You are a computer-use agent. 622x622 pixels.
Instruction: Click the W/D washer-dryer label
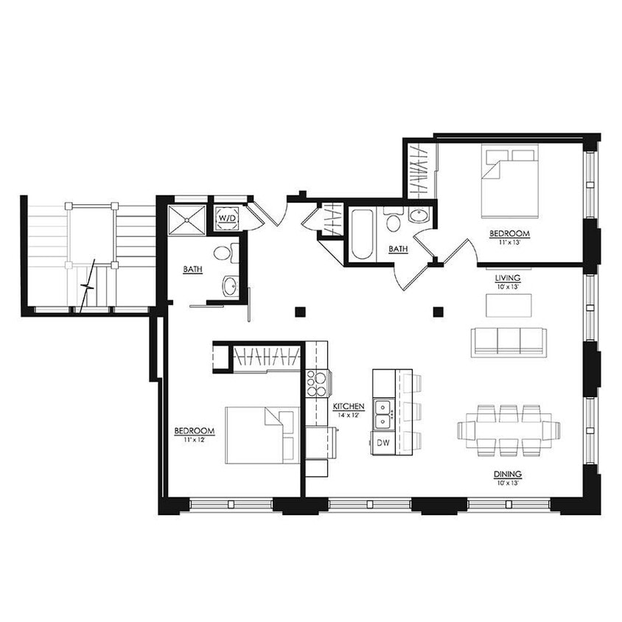point(226,218)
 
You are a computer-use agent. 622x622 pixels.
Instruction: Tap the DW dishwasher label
point(382,443)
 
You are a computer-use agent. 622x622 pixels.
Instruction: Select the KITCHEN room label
point(349,407)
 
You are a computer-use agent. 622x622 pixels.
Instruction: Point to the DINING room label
point(509,474)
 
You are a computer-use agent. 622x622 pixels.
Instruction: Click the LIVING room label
point(509,279)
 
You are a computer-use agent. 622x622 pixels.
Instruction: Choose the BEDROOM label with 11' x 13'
point(509,234)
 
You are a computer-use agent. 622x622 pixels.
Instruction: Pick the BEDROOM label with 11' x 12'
point(194,431)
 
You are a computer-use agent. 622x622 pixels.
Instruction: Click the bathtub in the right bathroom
point(361,234)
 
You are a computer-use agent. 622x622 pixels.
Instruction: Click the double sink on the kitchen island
point(382,414)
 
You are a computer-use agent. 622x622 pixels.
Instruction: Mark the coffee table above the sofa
point(508,305)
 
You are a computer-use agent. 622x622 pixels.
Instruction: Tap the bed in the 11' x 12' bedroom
point(261,435)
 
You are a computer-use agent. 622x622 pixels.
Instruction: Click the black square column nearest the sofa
point(438,312)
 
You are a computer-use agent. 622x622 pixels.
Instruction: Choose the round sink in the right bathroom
point(418,216)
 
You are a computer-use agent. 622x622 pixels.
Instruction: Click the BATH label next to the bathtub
point(398,249)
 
